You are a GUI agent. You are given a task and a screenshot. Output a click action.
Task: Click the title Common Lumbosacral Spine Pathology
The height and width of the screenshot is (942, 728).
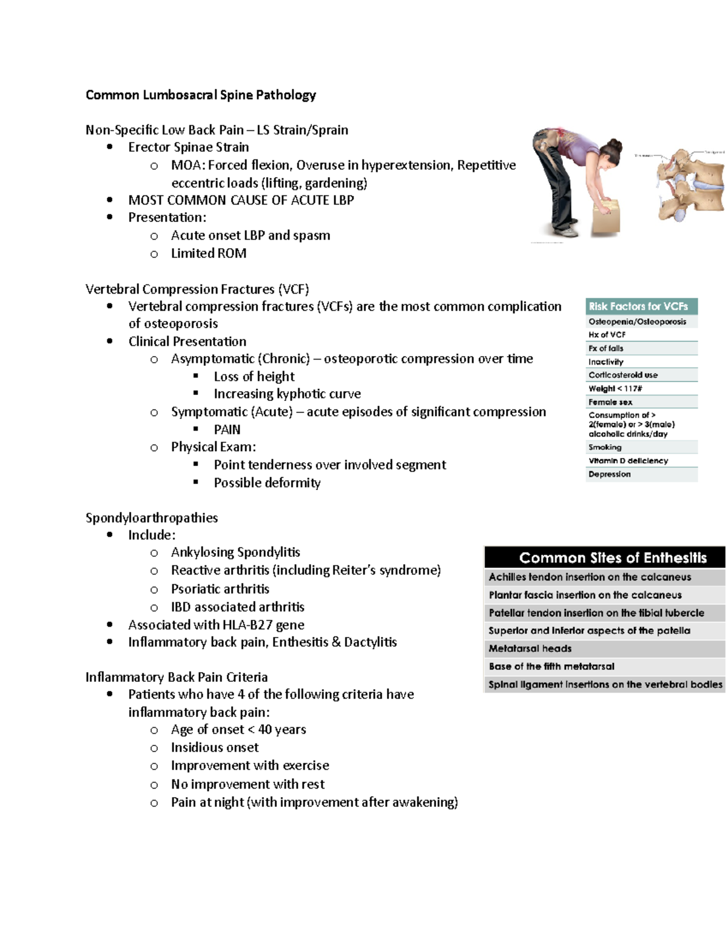click(x=200, y=95)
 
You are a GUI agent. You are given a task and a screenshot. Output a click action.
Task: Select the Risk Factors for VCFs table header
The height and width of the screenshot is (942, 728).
click(x=641, y=306)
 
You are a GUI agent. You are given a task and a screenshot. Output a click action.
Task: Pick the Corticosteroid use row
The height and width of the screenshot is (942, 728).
click(x=623, y=375)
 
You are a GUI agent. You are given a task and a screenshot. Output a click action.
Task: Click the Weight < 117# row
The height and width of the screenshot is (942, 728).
click(x=615, y=388)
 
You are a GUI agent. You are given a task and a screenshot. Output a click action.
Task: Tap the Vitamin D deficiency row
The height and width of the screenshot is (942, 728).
click(x=628, y=460)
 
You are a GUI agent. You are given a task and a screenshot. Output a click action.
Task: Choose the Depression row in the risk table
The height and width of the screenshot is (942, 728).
click(x=609, y=474)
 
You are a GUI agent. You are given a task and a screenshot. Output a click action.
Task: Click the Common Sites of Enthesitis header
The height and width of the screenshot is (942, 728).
click(x=604, y=557)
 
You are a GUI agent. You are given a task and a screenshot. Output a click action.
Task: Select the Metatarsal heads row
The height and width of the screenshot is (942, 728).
click(x=530, y=648)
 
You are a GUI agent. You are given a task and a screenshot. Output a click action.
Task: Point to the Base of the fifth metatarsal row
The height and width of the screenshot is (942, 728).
click(x=551, y=666)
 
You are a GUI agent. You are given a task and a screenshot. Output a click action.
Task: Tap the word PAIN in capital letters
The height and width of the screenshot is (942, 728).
click(x=227, y=429)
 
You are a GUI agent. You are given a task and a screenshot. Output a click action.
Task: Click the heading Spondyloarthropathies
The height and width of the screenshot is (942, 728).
click(x=152, y=517)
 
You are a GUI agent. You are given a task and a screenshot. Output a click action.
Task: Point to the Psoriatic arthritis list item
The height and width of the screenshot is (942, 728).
click(x=220, y=589)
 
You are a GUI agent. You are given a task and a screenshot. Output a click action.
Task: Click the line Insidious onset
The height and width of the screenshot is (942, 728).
click(x=215, y=747)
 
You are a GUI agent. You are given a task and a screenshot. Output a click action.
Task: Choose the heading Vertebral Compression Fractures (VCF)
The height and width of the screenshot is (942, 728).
click(x=197, y=289)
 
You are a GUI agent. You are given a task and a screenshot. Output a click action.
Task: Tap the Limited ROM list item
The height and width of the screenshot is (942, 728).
click(x=209, y=253)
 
